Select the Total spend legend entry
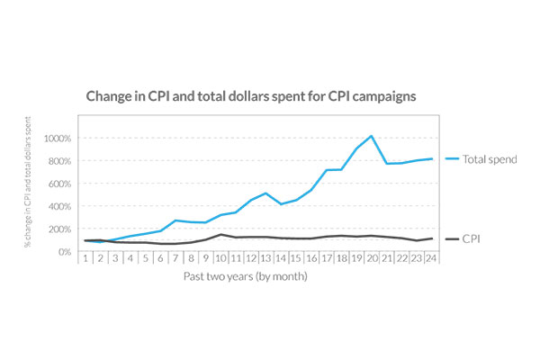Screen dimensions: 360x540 pos(487,159)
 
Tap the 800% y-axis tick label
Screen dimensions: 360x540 pos(59,161)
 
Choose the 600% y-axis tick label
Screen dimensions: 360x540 pos(59,184)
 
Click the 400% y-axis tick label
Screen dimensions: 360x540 pos(59,206)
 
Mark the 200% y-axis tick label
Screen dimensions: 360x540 pos(59,229)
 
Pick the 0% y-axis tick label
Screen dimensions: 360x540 pos(64,251)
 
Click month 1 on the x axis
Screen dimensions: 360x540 pos(85,257)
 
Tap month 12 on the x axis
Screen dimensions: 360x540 pos(249,257)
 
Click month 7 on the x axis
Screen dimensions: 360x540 pos(175,257)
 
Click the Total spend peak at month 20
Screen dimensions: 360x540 pos(371,137)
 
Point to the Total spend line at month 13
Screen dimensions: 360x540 pos(266,193)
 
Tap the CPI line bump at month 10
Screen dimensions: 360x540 pos(220,235)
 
